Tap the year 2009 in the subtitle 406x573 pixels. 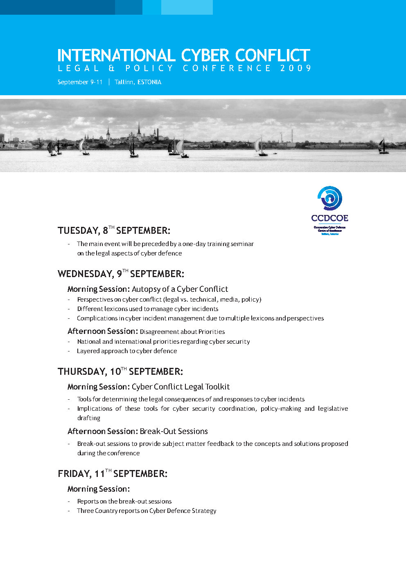click(296, 68)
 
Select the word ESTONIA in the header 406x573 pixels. click(149, 82)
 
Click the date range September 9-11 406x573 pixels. click(80, 82)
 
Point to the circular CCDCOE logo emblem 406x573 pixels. click(330, 198)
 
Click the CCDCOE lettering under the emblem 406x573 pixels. click(329, 218)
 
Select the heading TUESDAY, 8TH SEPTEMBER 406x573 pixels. click(114, 231)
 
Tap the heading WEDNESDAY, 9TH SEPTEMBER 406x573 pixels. click(121, 274)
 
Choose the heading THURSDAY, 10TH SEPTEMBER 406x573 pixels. click(120, 372)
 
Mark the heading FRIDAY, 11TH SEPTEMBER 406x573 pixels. click(113, 474)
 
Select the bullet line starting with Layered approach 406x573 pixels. click(127, 351)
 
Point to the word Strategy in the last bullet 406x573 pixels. click(205, 511)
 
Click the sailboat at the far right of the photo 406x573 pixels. click(383, 147)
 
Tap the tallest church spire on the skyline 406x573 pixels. click(139, 130)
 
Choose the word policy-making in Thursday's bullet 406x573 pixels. click(281, 409)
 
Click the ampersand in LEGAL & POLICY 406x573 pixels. click(111, 68)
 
